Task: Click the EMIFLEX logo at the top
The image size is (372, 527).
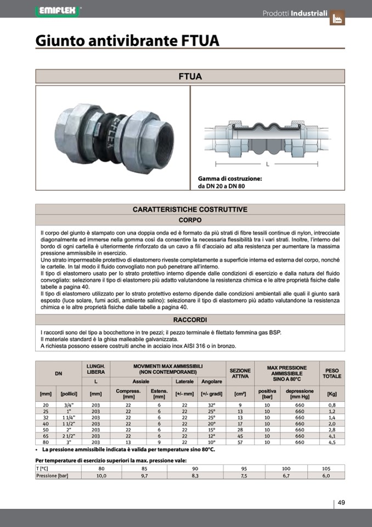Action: pyautogui.click(x=57, y=10)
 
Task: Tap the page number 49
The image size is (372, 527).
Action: pyautogui.click(x=341, y=502)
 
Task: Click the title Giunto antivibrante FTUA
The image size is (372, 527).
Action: pyautogui.click(x=127, y=41)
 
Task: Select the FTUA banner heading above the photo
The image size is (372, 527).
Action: pyautogui.click(x=190, y=76)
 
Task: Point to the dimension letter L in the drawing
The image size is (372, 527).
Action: pyautogui.click(x=267, y=164)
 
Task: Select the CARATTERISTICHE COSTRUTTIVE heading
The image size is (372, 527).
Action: pyautogui.click(x=190, y=209)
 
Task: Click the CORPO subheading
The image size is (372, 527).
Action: pyautogui.click(x=190, y=220)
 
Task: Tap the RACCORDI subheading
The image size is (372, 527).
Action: pyautogui.click(x=190, y=319)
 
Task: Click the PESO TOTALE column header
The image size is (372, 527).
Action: pyautogui.click(x=331, y=373)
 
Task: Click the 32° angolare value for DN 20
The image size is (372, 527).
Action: pyautogui.click(x=212, y=404)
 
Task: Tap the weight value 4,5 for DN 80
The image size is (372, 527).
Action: pyautogui.click(x=331, y=441)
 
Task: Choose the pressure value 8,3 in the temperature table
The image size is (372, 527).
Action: pyautogui.click(x=195, y=476)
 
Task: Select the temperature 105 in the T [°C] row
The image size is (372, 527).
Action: pyautogui.click(x=326, y=469)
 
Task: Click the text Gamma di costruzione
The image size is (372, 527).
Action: pyautogui.click(x=229, y=179)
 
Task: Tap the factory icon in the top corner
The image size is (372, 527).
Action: pyautogui.click(x=337, y=18)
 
